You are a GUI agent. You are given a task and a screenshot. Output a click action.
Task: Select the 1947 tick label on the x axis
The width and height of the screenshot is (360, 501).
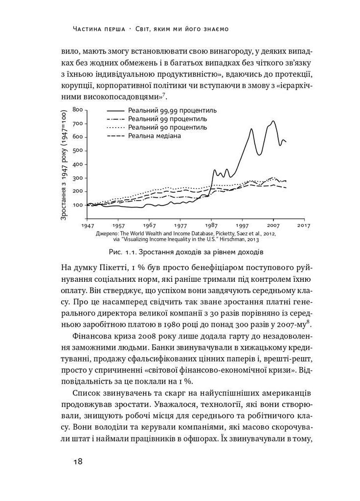pyautogui.click(x=88, y=226)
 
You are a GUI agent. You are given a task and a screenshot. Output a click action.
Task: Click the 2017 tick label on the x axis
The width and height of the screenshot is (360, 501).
pyautogui.click(x=304, y=226)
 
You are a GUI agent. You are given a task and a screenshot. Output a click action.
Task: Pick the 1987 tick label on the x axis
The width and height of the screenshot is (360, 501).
pyautogui.click(x=211, y=226)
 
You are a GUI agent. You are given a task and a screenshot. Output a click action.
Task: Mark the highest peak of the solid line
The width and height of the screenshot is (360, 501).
pyautogui.click(x=273, y=121)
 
